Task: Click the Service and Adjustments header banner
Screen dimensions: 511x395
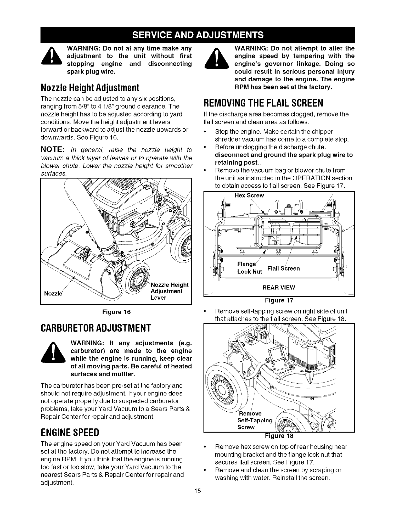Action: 197,35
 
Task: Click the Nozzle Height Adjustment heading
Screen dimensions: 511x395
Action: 90,87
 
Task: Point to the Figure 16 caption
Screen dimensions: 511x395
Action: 116,312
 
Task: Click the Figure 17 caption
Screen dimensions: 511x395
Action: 279,300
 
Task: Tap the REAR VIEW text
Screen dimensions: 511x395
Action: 279,287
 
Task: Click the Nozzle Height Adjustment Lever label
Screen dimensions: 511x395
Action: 169,291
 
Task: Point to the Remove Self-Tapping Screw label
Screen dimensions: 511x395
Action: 255,420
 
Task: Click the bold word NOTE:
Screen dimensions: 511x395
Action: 53,150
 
